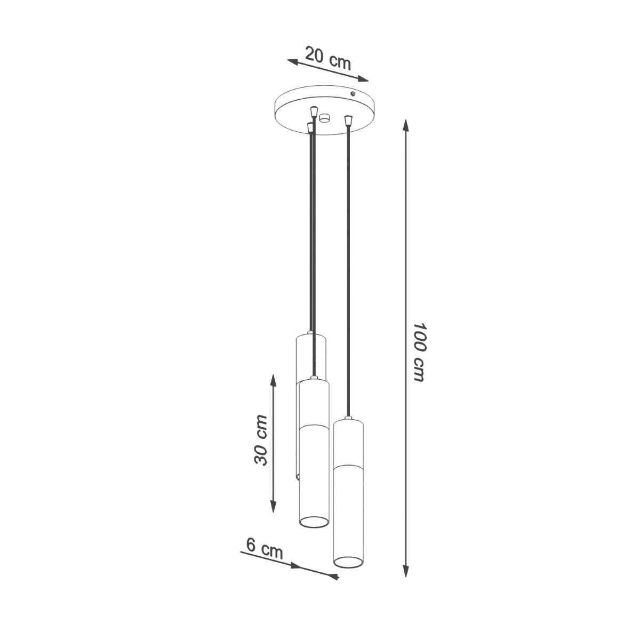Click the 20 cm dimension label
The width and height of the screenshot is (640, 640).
(x=328, y=58)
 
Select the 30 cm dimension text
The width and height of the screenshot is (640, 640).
(x=261, y=439)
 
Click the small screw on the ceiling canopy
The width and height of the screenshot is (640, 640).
(x=353, y=94)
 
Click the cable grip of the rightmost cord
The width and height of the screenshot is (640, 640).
(x=348, y=121)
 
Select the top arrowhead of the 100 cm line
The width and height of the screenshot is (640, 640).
(x=406, y=126)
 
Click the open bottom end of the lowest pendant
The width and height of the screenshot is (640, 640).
(x=348, y=561)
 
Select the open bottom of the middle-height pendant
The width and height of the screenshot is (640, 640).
(x=314, y=522)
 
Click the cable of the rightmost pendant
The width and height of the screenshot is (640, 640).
(x=348, y=267)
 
